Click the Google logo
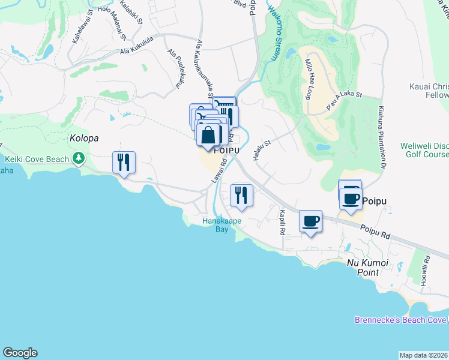[20, 353]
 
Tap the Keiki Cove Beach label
[38, 159]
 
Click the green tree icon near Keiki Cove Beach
[78, 158]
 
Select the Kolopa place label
[83, 138]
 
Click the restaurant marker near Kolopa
[124, 163]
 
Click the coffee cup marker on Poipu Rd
[310, 221]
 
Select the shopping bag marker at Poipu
[208, 136]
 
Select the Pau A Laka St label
[345, 97]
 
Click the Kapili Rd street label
[282, 223]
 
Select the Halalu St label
[263, 148]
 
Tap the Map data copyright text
[424, 355]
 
